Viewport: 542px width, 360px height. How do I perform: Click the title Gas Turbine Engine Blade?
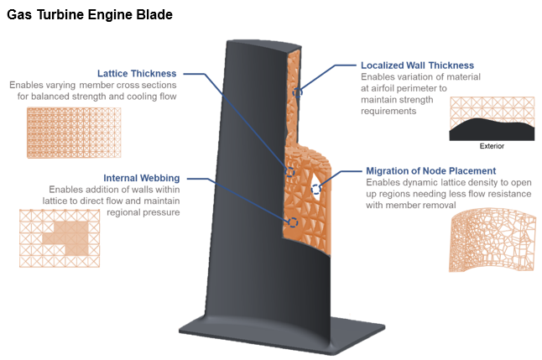pos(90,14)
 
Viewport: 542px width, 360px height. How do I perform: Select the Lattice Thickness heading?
pos(142,73)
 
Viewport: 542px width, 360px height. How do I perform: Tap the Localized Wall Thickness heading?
pos(417,65)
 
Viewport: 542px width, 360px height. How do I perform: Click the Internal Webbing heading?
pos(140,178)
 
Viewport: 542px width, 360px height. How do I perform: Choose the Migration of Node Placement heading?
pos(430,170)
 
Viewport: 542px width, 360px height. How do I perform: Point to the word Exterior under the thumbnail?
pos(492,145)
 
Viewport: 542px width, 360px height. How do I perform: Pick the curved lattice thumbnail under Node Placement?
pos(490,240)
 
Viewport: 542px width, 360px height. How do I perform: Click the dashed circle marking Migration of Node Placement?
pos(316,190)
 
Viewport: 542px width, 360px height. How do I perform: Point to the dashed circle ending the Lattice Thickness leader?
pos(289,172)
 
